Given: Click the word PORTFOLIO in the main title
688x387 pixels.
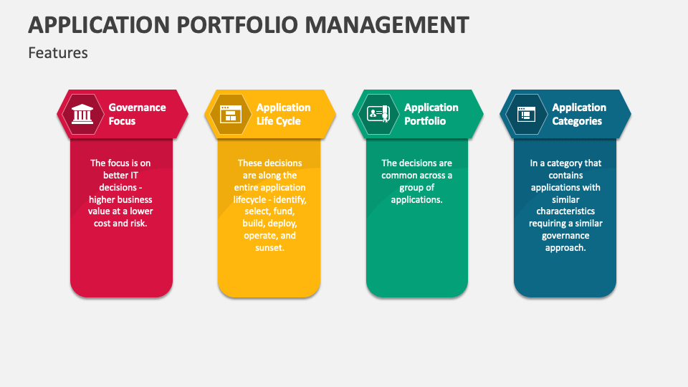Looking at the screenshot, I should pyautogui.click(x=230, y=24).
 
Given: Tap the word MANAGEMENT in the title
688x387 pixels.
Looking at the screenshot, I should pyautogui.click(x=387, y=24).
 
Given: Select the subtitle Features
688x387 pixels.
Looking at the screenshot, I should pyautogui.click(x=58, y=52).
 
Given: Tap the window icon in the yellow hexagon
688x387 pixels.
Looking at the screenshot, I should pyautogui.click(x=229, y=114).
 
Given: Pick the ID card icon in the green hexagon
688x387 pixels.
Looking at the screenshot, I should pyautogui.click(x=378, y=114).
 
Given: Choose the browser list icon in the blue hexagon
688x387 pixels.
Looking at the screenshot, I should pyautogui.click(x=525, y=114).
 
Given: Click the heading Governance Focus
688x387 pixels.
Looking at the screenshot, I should pyautogui.click(x=137, y=114).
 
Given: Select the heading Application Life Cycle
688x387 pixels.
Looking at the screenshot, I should pyautogui.click(x=284, y=114).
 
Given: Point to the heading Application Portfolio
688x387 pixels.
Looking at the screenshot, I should pyautogui.click(x=431, y=114).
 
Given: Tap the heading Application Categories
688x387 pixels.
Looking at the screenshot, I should pyautogui.click(x=579, y=114).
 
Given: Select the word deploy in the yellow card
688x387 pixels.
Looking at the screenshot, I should pyautogui.click(x=283, y=224).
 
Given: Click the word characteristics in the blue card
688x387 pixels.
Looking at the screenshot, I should pyautogui.click(x=565, y=211).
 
